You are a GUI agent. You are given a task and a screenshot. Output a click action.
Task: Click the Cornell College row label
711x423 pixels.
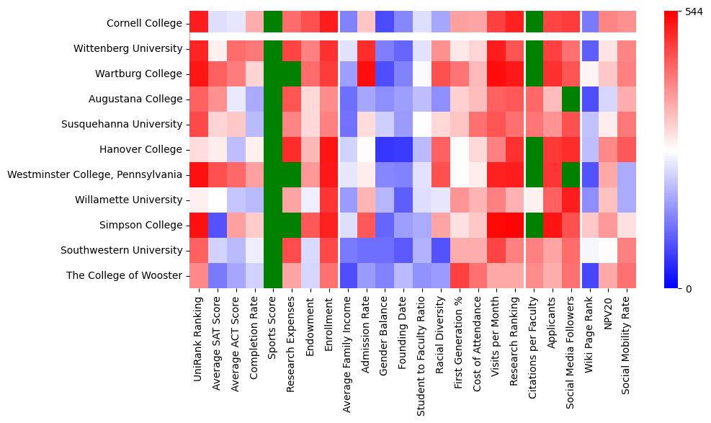pyautogui.click(x=145, y=23)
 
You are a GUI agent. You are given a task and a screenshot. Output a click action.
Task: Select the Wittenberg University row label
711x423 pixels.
pyautogui.click(x=128, y=49)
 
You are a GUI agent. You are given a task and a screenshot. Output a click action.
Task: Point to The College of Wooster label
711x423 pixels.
pyautogui.click(x=124, y=275)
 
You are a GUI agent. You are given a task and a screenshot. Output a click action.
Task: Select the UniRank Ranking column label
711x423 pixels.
pyautogui.click(x=198, y=332)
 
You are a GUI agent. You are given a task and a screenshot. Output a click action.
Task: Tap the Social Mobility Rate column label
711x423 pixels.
pyautogui.click(x=627, y=342)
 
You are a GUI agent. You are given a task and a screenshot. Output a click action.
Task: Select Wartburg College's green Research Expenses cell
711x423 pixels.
pyautogui.click(x=292, y=74)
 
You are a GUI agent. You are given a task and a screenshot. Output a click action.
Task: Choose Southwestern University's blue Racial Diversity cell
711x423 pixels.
pyautogui.click(x=442, y=250)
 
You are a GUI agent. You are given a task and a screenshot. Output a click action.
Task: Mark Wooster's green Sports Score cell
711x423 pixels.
pyautogui.click(x=273, y=275)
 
